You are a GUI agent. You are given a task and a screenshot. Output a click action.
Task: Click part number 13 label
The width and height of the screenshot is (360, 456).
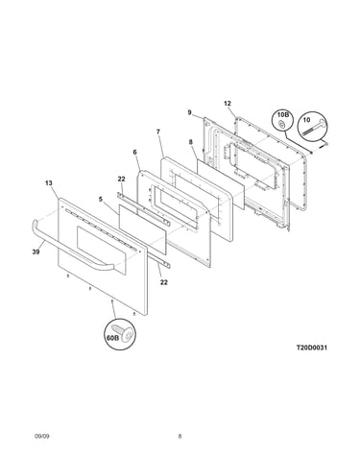pos(48,183)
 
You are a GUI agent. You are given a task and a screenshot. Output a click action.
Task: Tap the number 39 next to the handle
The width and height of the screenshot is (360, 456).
pos(36,252)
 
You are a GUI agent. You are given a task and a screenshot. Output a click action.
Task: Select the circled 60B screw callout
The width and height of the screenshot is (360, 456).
pos(120,334)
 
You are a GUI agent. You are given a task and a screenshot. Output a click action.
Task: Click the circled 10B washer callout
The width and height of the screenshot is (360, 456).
pos(282,121)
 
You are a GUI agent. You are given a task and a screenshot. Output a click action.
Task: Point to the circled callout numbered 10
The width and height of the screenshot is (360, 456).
pos(313,126)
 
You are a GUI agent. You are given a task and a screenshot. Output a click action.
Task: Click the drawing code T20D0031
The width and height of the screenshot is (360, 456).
pos(311,348)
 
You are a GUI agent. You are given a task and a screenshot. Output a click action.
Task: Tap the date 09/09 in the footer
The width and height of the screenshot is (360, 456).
pos(42,436)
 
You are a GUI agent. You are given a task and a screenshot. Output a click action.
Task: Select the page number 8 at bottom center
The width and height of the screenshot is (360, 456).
pos(180,436)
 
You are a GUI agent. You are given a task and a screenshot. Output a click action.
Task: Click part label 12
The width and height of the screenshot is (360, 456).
pos(228,104)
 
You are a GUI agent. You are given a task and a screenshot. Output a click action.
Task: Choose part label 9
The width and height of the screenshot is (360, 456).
pos(190,112)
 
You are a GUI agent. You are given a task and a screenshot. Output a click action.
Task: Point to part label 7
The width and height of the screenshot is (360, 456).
pos(158,132)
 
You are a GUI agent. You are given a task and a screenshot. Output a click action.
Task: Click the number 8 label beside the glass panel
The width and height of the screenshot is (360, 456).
pos(191,142)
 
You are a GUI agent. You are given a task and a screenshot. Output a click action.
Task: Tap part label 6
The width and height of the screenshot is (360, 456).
pos(134,152)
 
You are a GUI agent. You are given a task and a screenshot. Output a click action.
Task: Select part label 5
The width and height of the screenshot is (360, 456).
pos(101,200)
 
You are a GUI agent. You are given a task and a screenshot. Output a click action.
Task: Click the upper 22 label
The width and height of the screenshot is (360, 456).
pos(121,179)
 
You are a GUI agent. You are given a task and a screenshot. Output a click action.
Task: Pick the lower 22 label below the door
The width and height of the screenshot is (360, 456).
pos(164,282)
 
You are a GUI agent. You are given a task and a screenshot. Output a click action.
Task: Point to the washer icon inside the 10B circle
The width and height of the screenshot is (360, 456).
pos(281,124)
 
